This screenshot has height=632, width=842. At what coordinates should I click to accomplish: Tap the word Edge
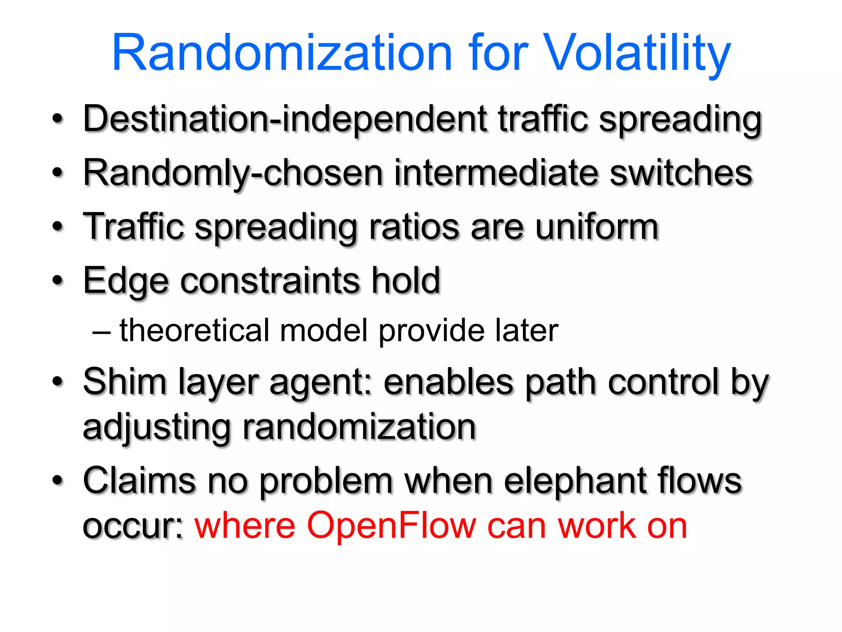[x=126, y=281]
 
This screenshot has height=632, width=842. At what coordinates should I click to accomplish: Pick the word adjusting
[x=157, y=428]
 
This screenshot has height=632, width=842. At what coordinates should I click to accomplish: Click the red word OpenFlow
[x=391, y=525]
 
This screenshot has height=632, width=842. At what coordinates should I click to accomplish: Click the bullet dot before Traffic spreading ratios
[x=58, y=227]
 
